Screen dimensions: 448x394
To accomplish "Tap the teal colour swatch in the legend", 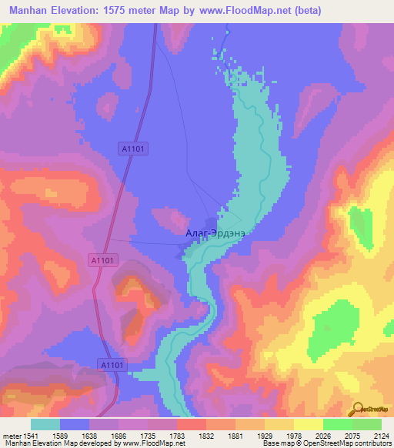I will coord(45,424).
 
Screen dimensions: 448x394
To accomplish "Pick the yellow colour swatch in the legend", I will coord(308,424).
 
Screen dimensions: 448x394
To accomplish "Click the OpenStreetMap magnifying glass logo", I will coord(359,408).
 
